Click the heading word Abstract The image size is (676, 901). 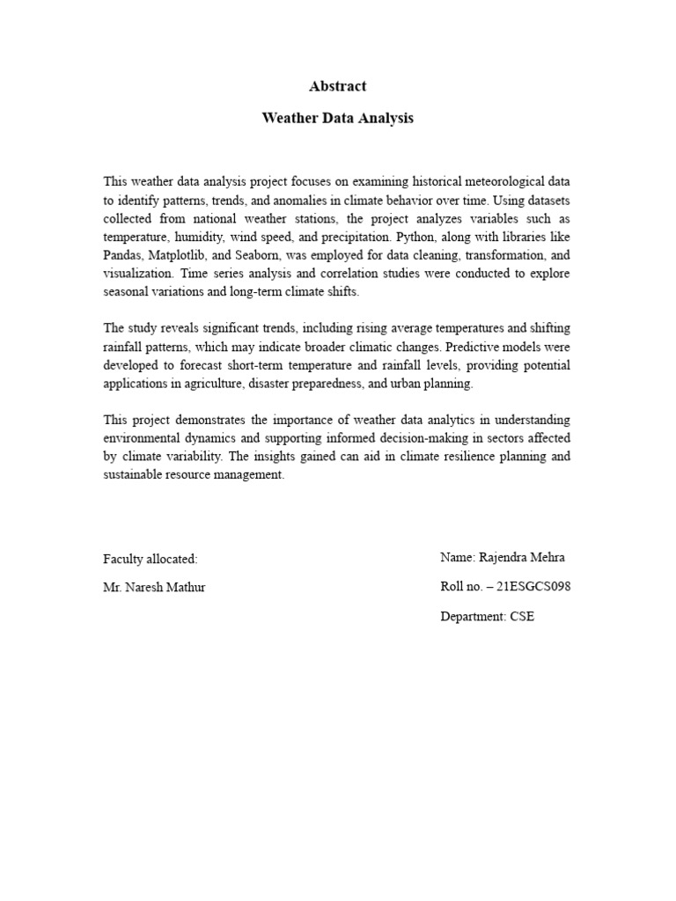338,86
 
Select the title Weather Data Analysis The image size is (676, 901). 338,118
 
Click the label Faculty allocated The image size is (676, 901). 151,559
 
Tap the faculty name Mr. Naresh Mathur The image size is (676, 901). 154,587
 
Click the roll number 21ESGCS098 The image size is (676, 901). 533,587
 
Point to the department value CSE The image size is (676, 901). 522,617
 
